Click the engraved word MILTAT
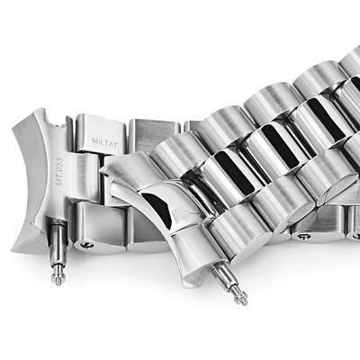[104, 140]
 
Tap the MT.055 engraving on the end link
[59, 172]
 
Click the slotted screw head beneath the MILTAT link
[86, 245]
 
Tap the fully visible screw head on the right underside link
[303, 237]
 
